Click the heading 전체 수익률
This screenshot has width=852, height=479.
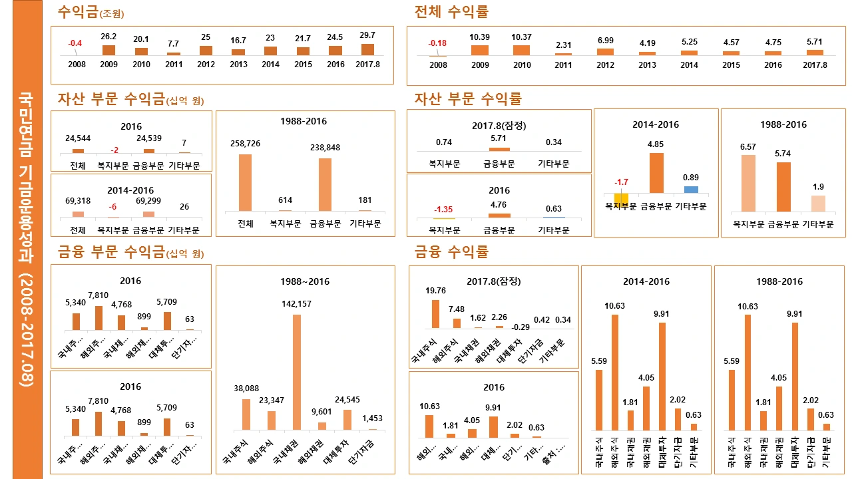tap(451, 12)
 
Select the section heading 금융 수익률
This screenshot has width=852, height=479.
tap(451, 252)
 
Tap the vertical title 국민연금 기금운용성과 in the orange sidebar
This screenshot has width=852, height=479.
tap(27, 239)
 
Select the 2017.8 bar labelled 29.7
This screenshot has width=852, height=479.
tap(367, 49)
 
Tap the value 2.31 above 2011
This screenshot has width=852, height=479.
tap(563, 45)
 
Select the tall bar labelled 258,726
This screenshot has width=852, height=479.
tap(245, 182)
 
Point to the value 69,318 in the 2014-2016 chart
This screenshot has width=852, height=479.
tap(78, 200)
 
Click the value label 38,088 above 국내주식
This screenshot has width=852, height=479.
tap(246, 389)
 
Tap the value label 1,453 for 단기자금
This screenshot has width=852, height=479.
tap(372, 418)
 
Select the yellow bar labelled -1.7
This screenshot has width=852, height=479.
tap(621, 198)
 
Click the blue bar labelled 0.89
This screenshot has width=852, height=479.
tap(691, 190)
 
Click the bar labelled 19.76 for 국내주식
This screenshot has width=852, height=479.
tap(435, 314)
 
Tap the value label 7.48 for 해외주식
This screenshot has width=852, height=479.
tap(457, 309)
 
